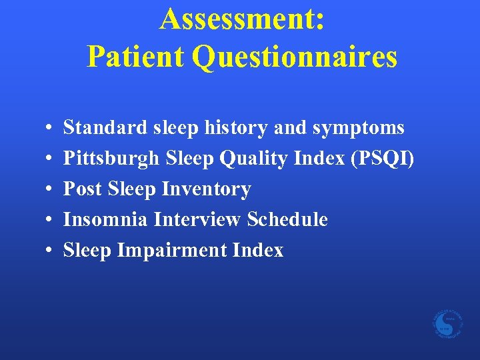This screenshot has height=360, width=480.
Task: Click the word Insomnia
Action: [105, 219]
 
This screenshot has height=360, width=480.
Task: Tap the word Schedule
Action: [287, 219]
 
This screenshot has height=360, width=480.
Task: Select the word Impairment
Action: [173, 250]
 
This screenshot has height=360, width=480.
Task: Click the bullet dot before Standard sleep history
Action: [51, 127]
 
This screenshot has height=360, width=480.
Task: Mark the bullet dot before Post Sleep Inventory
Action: [51, 189]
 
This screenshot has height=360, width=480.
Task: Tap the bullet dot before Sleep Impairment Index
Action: [51, 251]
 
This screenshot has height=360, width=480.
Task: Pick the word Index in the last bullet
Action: [258, 250]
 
